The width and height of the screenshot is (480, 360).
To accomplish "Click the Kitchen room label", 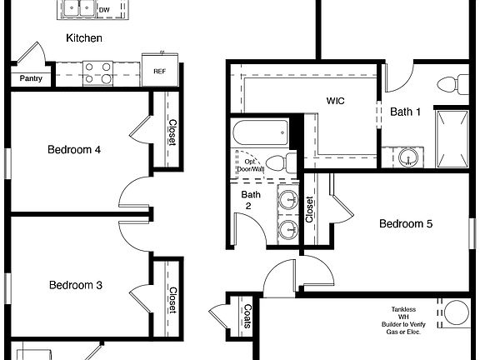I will (x=84, y=38).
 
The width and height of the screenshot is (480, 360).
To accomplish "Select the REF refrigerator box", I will (x=158, y=70).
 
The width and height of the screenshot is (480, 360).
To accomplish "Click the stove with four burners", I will (x=97, y=73).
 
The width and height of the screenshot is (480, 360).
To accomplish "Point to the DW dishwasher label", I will (x=104, y=10).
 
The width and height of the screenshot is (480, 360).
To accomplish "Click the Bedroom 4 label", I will (x=74, y=150).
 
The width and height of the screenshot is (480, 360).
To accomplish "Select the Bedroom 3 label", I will (x=75, y=285).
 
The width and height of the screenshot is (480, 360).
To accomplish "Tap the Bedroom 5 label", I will (x=406, y=223).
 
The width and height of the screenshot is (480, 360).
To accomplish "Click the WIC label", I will (x=336, y=101).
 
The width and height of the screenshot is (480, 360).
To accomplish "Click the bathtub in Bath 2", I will (x=260, y=131).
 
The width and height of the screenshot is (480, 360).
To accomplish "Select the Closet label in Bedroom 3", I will (x=172, y=300).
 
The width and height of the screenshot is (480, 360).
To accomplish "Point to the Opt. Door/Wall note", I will (x=249, y=165).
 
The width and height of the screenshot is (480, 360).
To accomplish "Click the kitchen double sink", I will (x=77, y=8).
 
